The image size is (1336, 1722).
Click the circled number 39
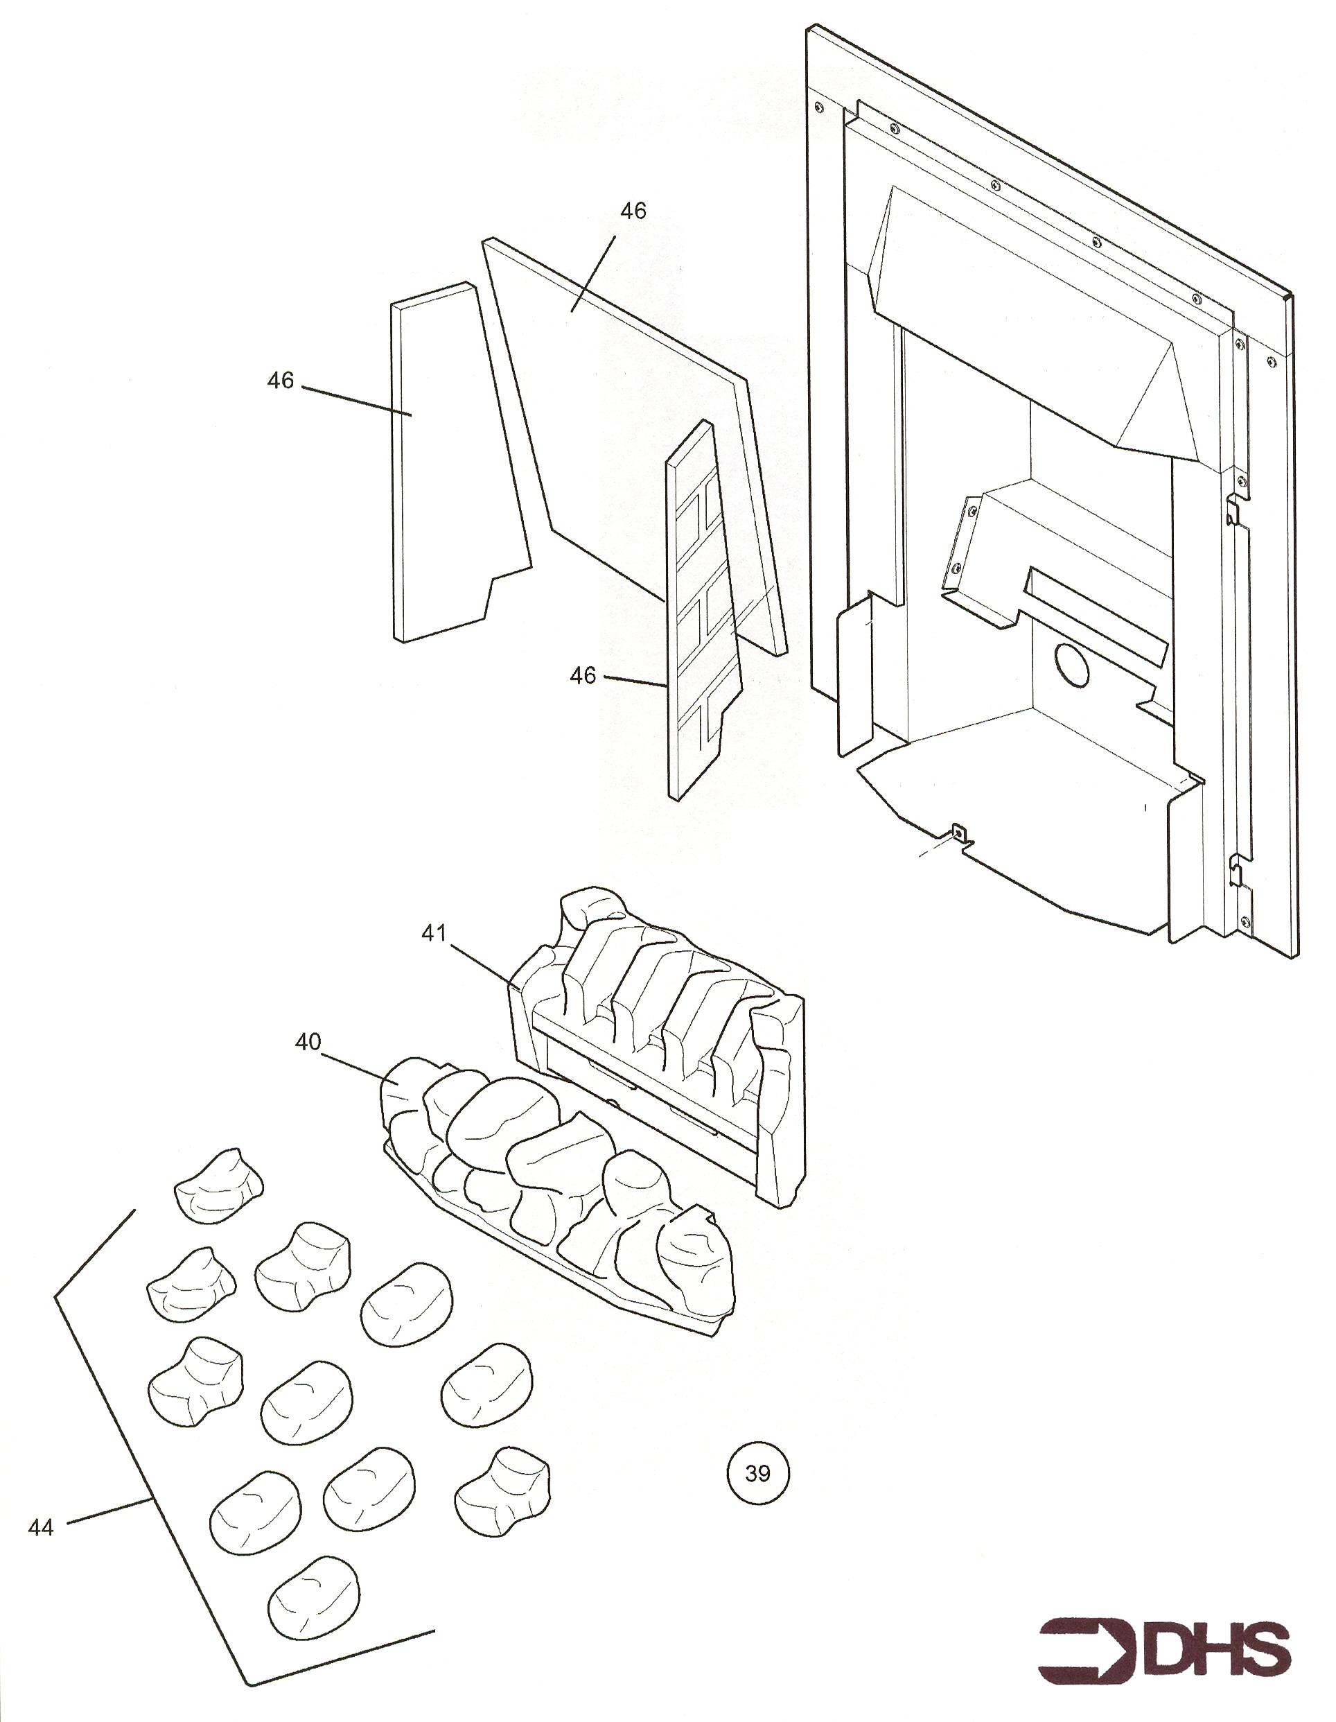[x=757, y=1472]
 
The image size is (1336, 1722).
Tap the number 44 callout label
[x=40, y=1527]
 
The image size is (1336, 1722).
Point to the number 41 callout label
[x=434, y=933]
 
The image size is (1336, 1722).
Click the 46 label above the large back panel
[x=633, y=211]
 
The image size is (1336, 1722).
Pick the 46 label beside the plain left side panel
[x=280, y=381]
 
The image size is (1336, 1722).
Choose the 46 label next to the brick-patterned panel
[x=583, y=676]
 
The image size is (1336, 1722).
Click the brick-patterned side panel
[x=705, y=611]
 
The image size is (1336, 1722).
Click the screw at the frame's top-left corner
[x=818, y=105]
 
